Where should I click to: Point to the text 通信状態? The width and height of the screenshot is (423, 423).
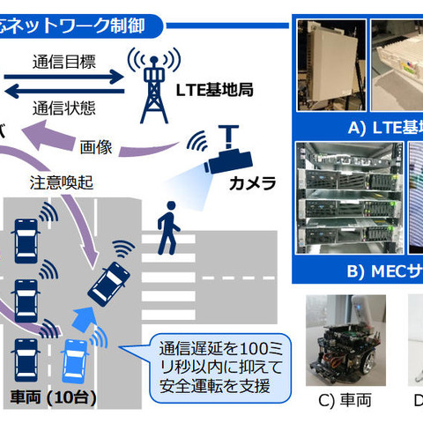pyautogui.click(x=63, y=110)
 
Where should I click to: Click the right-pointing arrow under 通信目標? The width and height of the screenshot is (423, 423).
pyautogui.click(x=63, y=78)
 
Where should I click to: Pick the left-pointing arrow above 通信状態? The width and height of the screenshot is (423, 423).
pyautogui.click(x=63, y=93)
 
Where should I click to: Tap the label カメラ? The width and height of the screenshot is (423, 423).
pyautogui.click(x=252, y=184)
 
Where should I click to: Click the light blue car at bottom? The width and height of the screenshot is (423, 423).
pyautogui.click(x=74, y=365)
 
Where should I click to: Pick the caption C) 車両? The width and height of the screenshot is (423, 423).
pyautogui.click(x=344, y=400)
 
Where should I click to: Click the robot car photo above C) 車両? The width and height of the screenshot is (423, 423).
pyautogui.click(x=341, y=339)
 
